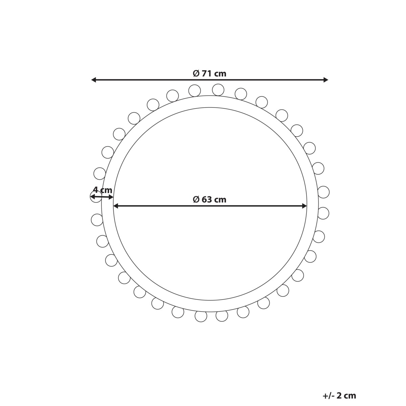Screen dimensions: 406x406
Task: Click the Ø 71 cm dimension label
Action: pyautogui.click(x=209, y=73)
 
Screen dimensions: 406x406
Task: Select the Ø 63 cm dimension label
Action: pyautogui.click(x=209, y=200)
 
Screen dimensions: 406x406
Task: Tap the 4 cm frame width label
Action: pyautogui.click(x=103, y=190)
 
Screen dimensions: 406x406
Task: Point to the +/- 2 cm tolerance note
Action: pyautogui.click(x=339, y=396)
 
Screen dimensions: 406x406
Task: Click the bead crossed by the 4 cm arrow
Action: pyautogui.click(x=96, y=196)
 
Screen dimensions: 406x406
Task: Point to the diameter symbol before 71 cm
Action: pyautogui.click(x=196, y=73)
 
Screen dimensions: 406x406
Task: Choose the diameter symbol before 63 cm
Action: pyautogui.click(x=196, y=200)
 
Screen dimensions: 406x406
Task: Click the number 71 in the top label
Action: pyautogui.click(x=207, y=73)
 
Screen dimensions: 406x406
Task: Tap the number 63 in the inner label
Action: pyautogui.click(x=207, y=200)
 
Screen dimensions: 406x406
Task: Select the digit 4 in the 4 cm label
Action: pyautogui.click(x=96, y=190)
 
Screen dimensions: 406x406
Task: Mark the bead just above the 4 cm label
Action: pyautogui.click(x=99, y=174)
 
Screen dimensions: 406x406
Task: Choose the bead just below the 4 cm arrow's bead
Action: pyautogui.click(x=97, y=220)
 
